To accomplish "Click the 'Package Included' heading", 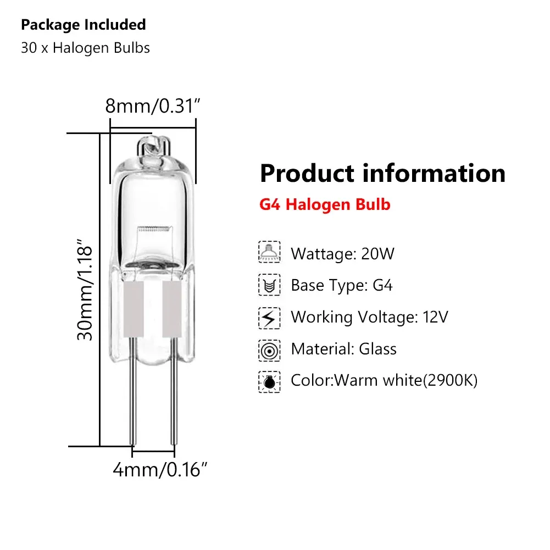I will [x=84, y=25].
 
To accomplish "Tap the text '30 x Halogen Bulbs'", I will [x=85, y=48].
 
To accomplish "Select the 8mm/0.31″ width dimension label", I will [x=151, y=105].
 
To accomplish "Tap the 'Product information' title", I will [x=382, y=173].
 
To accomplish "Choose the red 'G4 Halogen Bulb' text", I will [x=325, y=205].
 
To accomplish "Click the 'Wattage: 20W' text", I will [x=342, y=254].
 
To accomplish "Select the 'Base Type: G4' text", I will [x=342, y=286].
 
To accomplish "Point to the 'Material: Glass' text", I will [x=343, y=349].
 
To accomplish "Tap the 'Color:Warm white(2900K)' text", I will [x=384, y=380].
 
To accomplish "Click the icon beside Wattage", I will [x=269, y=253].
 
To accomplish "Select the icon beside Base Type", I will [x=269, y=285].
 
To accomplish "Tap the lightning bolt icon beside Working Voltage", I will [x=269, y=317].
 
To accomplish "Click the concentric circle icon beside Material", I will [x=269, y=349].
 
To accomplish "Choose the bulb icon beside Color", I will [x=269, y=381].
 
